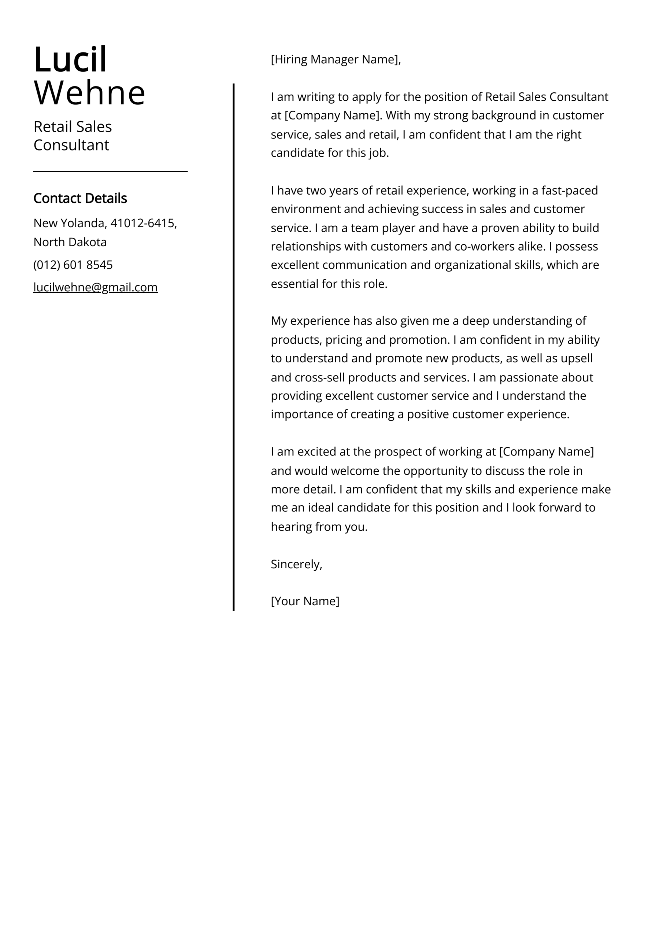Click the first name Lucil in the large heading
tap(70, 60)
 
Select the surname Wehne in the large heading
tap(89, 93)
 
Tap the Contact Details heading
tap(80, 198)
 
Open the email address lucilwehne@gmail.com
tap(95, 287)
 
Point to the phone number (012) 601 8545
tap(73, 265)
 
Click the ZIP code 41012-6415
tap(142, 223)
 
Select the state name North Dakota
tap(70, 242)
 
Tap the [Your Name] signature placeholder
tap(305, 601)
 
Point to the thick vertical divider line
tap(234, 347)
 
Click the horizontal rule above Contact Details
tap(110, 171)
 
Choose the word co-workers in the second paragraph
tap(485, 246)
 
